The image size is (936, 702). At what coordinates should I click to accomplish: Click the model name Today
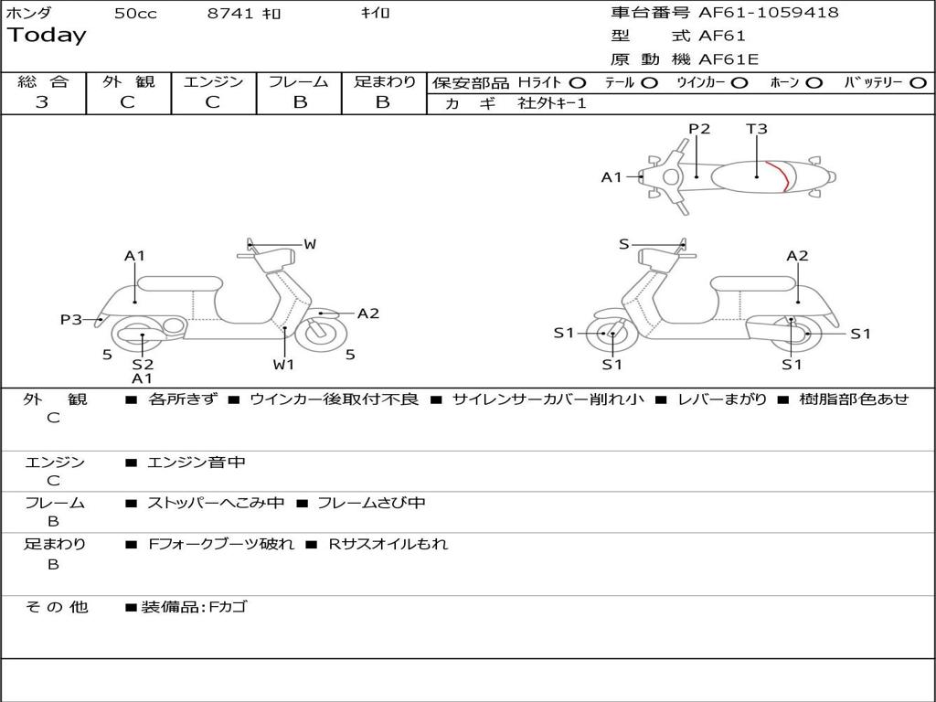coord(47,36)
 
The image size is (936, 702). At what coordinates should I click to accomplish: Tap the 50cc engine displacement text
coord(135,14)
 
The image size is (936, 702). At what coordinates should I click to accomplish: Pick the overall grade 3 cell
coord(42,102)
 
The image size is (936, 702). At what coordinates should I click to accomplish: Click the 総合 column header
coord(43,82)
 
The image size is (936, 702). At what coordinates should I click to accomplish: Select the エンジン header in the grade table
coord(213,82)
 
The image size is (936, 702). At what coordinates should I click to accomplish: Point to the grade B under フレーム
coord(299,102)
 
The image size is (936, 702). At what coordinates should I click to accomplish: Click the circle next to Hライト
coord(578,82)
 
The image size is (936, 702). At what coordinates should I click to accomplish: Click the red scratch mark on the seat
coord(779,175)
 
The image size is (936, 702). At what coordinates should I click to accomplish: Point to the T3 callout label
coord(757,129)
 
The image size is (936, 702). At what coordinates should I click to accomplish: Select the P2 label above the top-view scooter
coord(699,129)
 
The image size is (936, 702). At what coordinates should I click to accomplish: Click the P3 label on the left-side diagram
coord(71,320)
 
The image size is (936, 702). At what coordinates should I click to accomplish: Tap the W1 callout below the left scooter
coord(284,365)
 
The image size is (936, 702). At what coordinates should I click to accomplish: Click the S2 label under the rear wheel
coord(143,364)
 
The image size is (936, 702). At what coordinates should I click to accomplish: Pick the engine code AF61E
coord(729,60)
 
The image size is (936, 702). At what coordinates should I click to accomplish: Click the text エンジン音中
coord(197,463)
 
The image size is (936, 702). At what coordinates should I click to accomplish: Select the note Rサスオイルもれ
coord(388,544)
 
